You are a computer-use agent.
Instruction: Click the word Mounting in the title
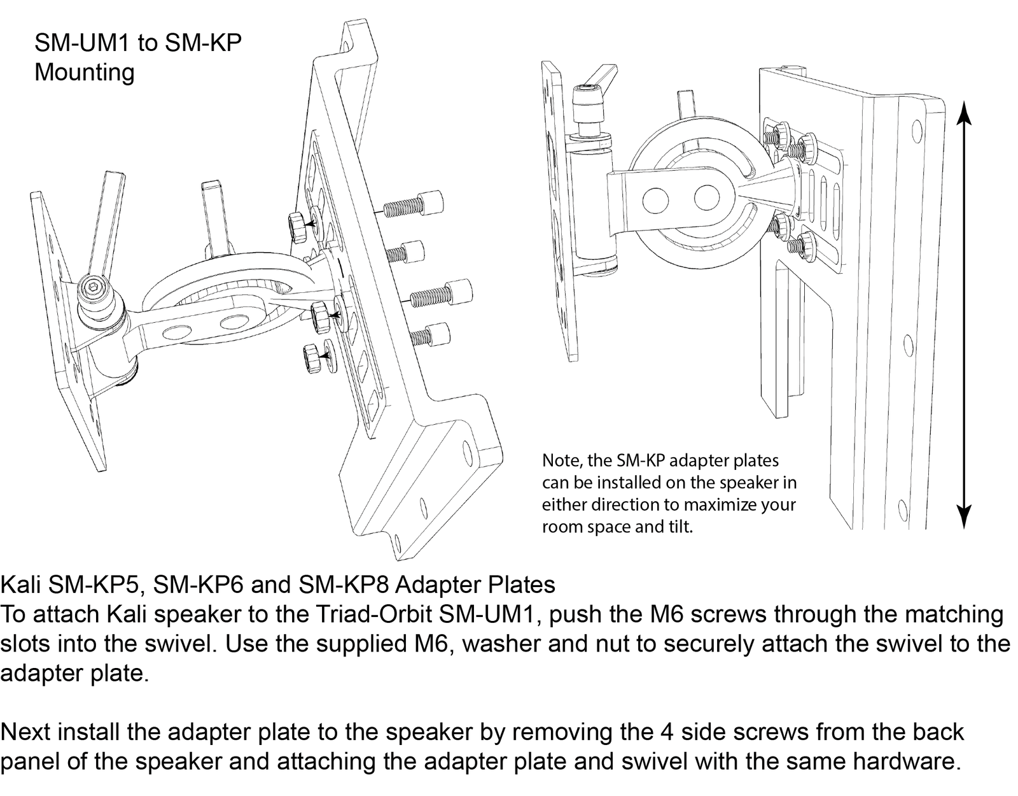[x=84, y=73]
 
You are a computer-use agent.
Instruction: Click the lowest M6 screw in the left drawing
[x=428, y=335]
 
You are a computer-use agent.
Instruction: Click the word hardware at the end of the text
[x=905, y=762]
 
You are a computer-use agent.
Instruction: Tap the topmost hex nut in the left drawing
[x=297, y=225]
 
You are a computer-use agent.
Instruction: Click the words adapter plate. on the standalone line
[x=74, y=674]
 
